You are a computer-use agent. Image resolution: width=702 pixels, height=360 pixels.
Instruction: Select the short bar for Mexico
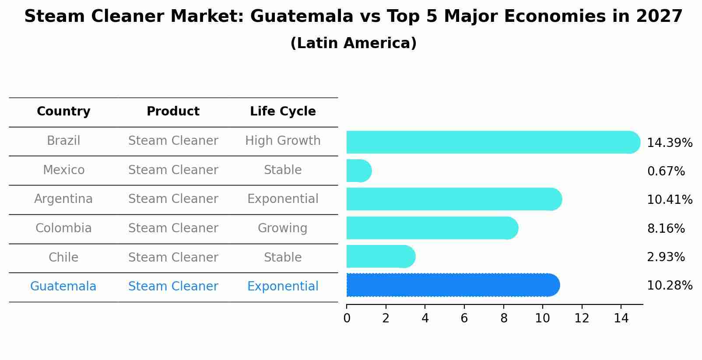coord(358,171)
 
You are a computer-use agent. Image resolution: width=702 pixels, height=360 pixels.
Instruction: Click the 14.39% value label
coord(669,143)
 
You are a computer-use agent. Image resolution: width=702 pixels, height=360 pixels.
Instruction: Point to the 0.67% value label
coord(666,171)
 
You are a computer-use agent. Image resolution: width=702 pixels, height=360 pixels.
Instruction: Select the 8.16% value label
coord(666,228)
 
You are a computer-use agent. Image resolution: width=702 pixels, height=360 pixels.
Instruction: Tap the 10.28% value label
coord(669,286)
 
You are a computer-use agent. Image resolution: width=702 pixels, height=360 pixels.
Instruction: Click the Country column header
coord(63,112)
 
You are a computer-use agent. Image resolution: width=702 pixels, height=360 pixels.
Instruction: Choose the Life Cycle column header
coord(283,112)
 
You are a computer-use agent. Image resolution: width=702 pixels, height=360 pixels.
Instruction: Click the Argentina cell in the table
coord(63,199)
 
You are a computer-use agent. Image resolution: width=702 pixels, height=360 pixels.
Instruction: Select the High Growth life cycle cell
coord(283,141)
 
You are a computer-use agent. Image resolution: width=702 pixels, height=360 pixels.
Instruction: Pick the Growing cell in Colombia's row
coord(283,228)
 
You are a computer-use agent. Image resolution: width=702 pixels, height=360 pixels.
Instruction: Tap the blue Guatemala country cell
coord(63,287)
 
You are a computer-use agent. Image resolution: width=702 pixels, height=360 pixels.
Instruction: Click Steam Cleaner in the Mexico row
coord(173,170)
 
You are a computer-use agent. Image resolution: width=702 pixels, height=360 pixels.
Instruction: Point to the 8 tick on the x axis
coord(504,318)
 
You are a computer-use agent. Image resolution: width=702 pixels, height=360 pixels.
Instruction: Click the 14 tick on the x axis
coord(621,318)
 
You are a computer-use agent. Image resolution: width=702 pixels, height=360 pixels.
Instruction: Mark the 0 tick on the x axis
coord(347,318)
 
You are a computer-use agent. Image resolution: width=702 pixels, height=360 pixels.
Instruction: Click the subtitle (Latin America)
coord(353,43)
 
